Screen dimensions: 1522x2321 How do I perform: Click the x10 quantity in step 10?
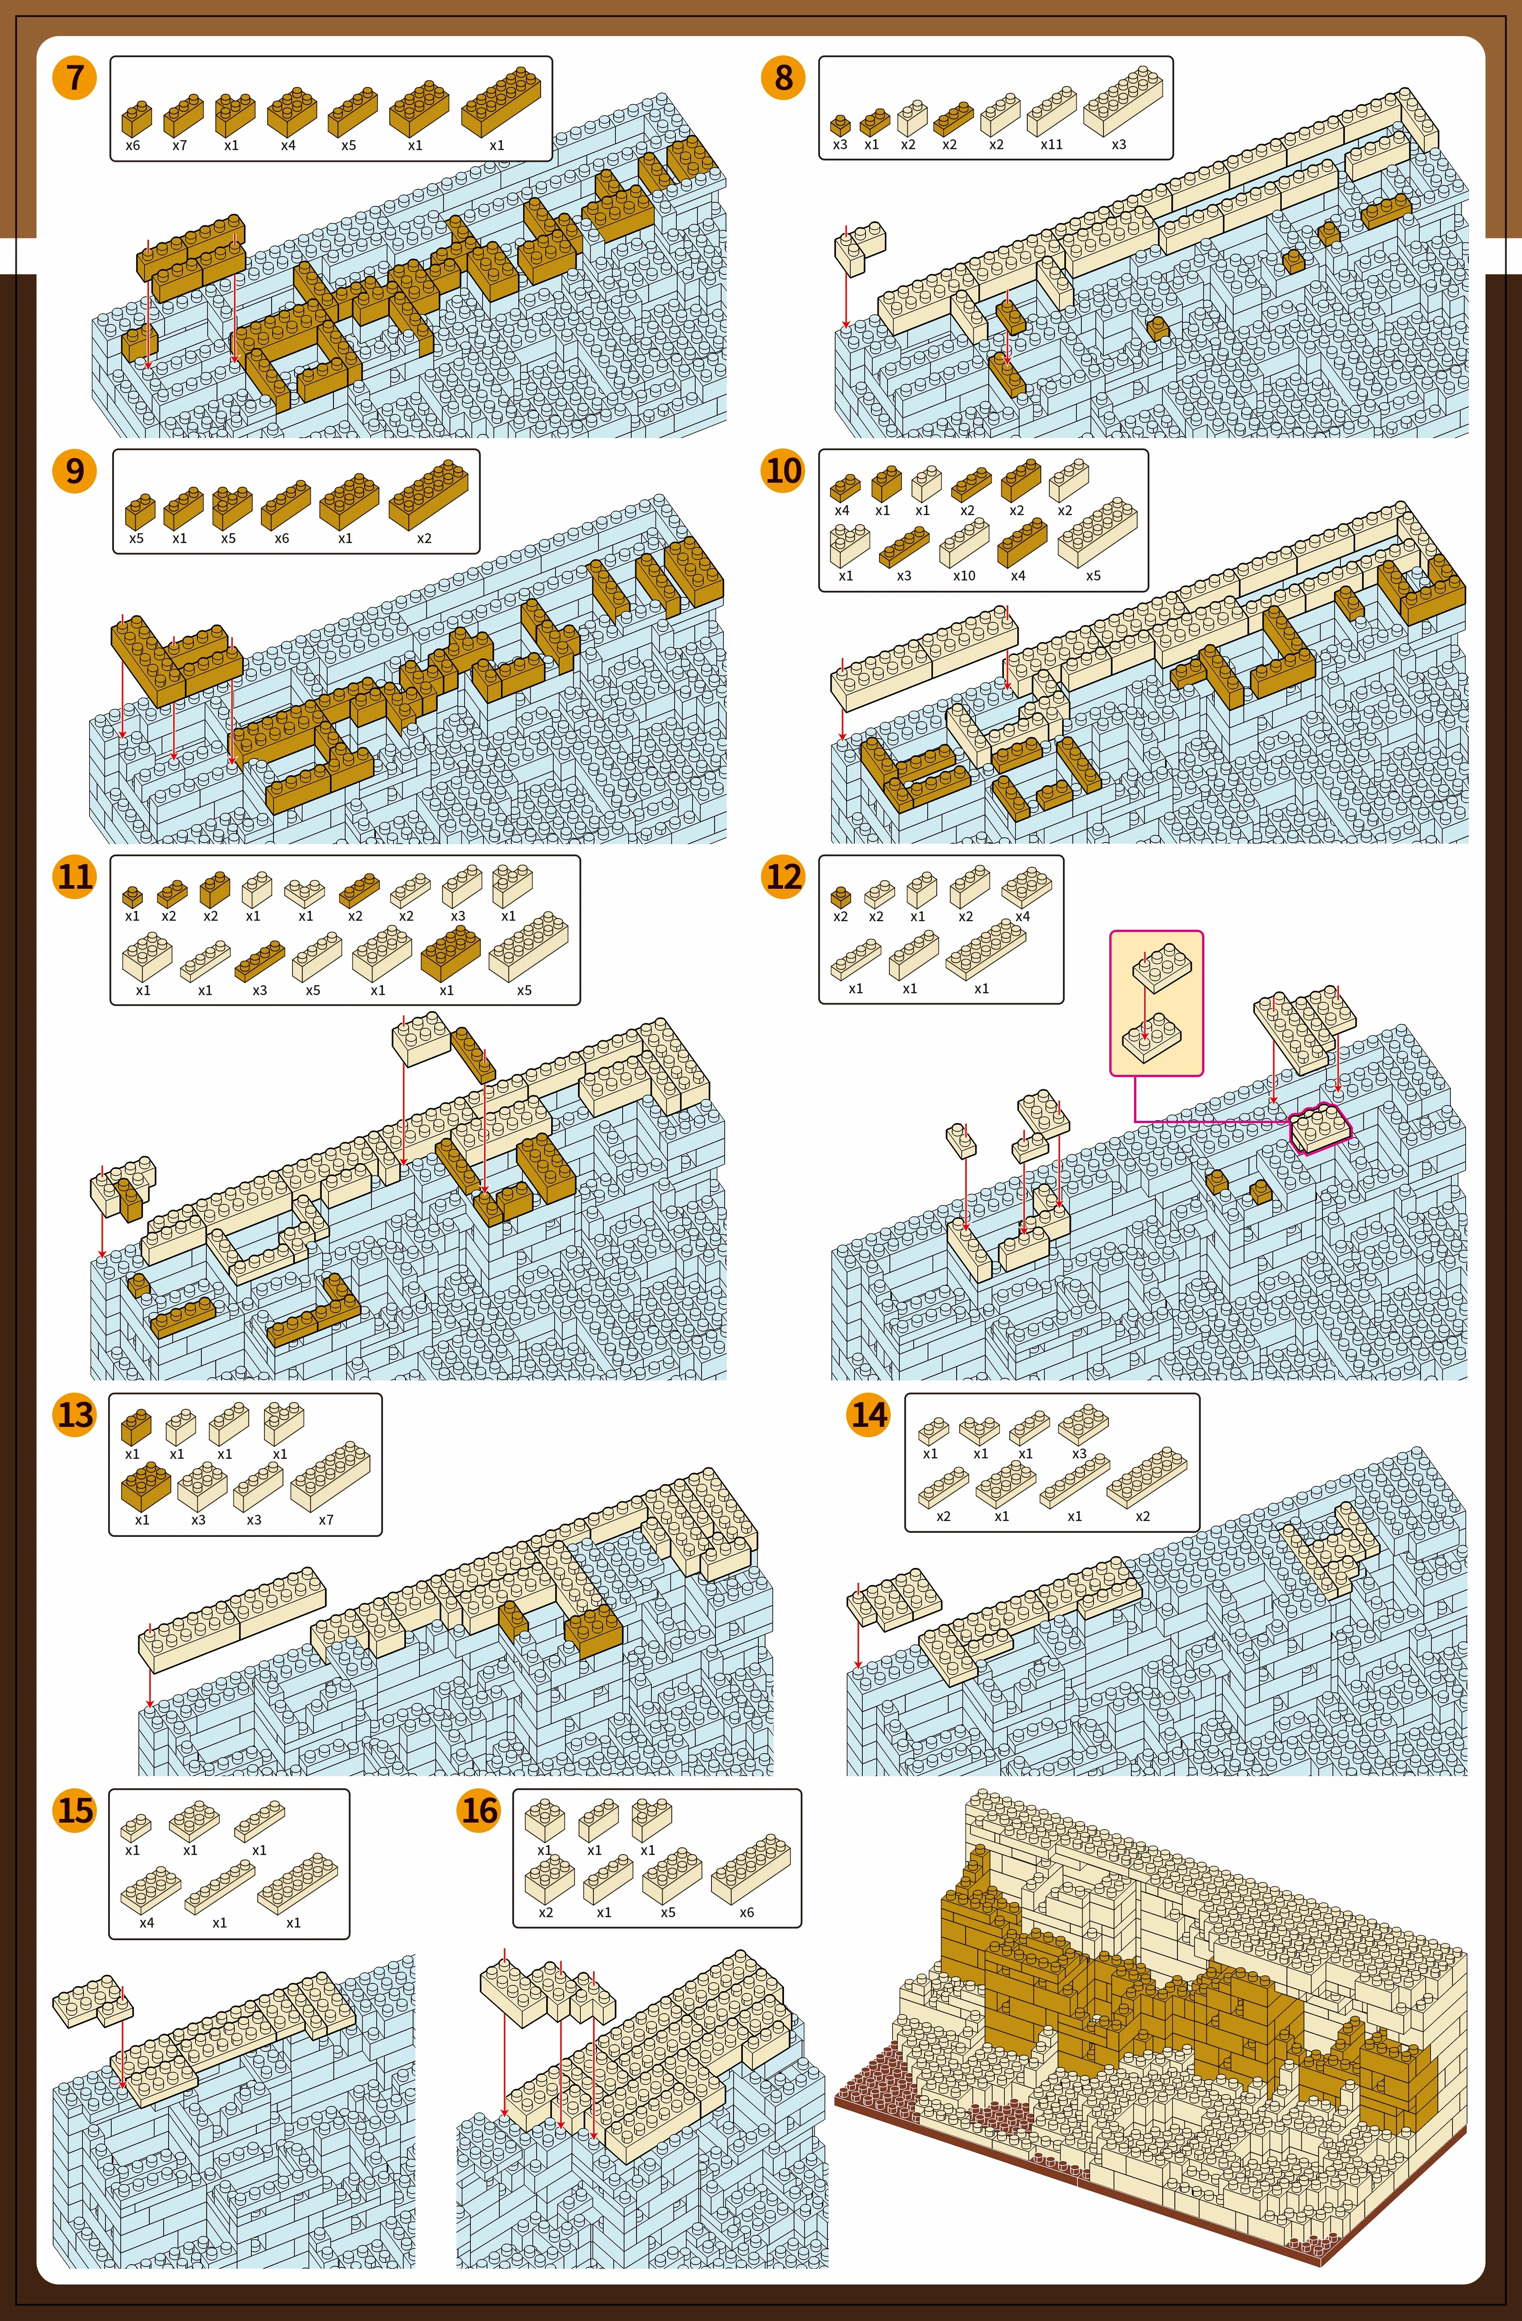(x=963, y=576)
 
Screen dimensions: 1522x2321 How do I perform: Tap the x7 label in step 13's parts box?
(x=326, y=1519)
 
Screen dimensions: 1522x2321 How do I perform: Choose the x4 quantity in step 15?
(x=146, y=1923)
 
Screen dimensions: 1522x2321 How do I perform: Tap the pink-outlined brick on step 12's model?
(x=1321, y=1129)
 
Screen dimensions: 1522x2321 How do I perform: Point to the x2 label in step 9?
(x=424, y=538)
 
